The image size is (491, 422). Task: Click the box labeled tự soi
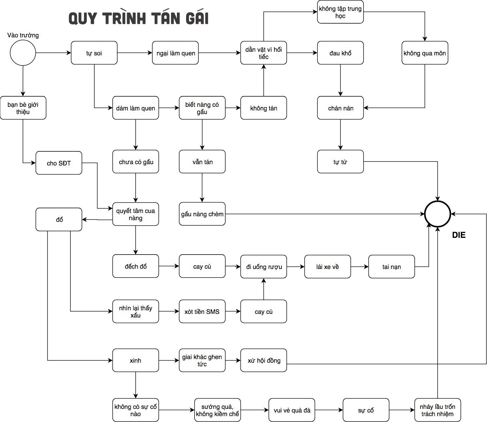tap(94, 53)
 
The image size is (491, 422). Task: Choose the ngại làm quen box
tap(175, 53)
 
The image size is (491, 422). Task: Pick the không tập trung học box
tap(340, 12)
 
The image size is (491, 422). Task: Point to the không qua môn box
tap(425, 53)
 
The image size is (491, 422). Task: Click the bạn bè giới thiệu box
tap(23, 108)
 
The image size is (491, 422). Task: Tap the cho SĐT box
tap(59, 163)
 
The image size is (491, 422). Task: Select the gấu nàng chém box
tap(202, 214)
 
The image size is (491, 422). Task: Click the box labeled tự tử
tap(340, 162)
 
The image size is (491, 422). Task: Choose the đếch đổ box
tap(136, 266)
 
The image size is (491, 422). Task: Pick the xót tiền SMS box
tap(202, 311)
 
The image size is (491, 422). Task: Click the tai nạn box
tap(391, 267)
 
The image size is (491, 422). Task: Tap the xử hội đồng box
tap(264, 360)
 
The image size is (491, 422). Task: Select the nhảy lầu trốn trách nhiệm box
tap(438, 410)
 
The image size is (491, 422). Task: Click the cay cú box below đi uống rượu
tap(264, 311)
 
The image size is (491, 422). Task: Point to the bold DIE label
tap(459, 235)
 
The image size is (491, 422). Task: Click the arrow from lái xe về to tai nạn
tap(360, 267)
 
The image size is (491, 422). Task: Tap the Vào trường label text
tap(23, 35)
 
